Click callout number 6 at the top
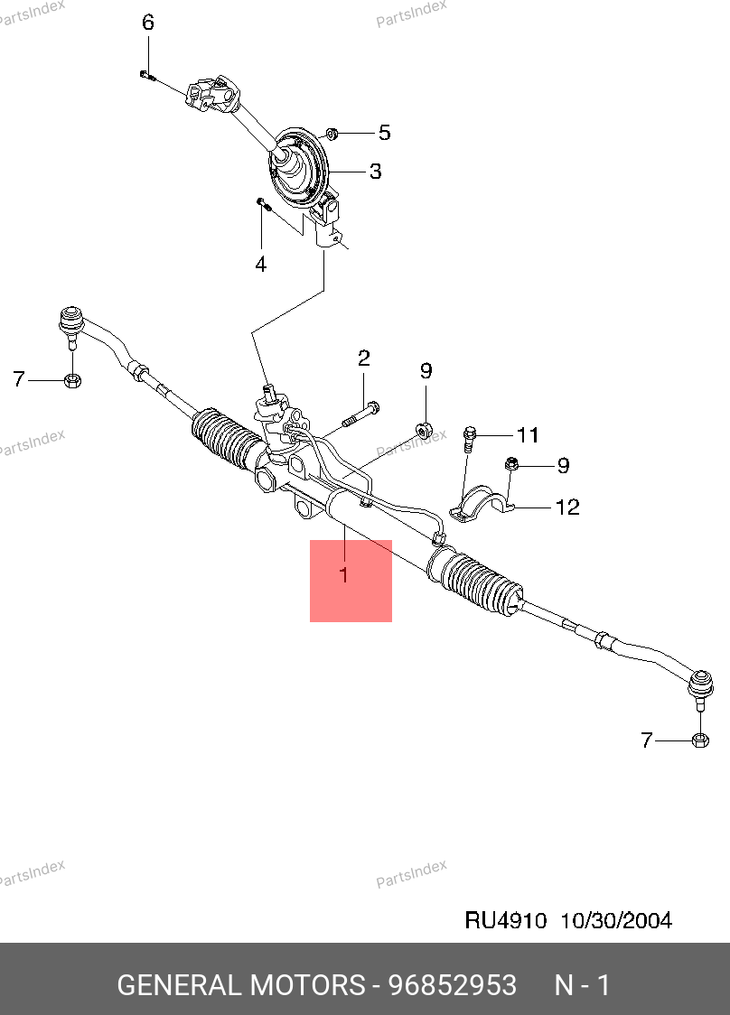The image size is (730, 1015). tap(148, 23)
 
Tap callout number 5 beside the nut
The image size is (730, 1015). tap(384, 134)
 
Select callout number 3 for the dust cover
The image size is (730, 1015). tap(374, 171)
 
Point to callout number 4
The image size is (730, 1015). tap(260, 265)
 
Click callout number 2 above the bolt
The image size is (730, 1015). tap(364, 359)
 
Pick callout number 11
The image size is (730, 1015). tap(528, 435)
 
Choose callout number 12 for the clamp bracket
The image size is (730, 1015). tap(567, 507)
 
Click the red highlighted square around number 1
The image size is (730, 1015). tap(351, 581)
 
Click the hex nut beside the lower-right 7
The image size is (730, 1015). tap(698, 740)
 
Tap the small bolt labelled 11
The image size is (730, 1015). tap(468, 438)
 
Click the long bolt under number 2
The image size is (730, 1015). tap(360, 414)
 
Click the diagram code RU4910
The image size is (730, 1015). tap(506, 920)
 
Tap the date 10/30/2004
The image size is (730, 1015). tap(616, 920)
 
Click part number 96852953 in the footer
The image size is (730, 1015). tap(452, 985)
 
